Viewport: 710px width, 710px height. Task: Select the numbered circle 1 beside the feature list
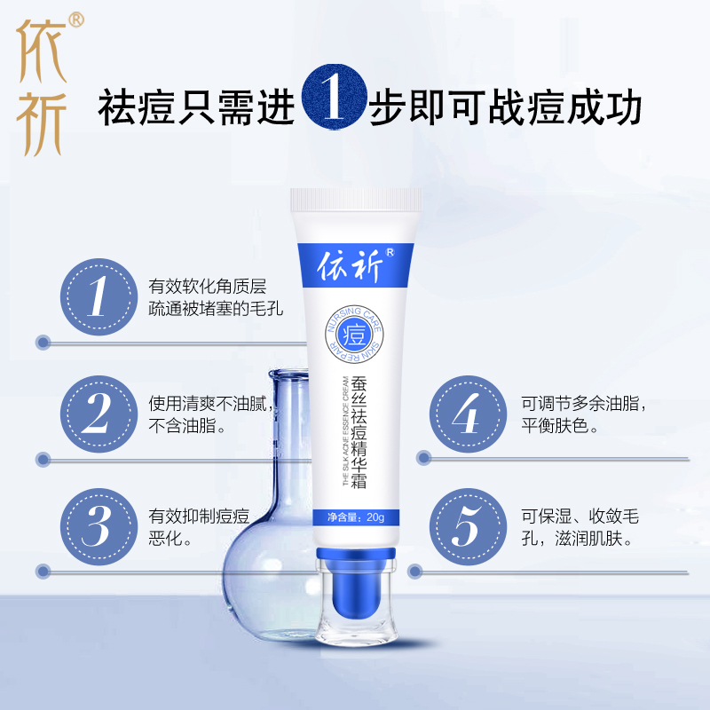[97, 296]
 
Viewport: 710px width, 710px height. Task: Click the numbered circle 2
[97, 413]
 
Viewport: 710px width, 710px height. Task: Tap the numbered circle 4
[466, 413]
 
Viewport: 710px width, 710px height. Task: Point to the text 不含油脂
[186, 425]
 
